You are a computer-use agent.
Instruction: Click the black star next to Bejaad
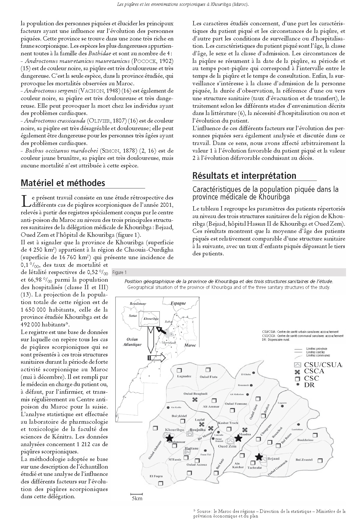[259, 457]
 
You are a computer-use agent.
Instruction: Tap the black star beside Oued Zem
[238, 438]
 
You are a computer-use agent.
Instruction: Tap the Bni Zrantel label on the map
[304, 460]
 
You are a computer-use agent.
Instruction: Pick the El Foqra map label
[156, 476]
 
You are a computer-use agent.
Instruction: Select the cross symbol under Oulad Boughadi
[195, 400]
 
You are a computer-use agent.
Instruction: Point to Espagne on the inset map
[178, 303]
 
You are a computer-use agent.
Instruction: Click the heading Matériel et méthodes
[63, 183]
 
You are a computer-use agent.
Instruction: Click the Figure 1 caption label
[120, 273]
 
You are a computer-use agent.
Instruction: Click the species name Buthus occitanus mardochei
[62, 151]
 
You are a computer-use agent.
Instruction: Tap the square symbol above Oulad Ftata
[208, 370]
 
